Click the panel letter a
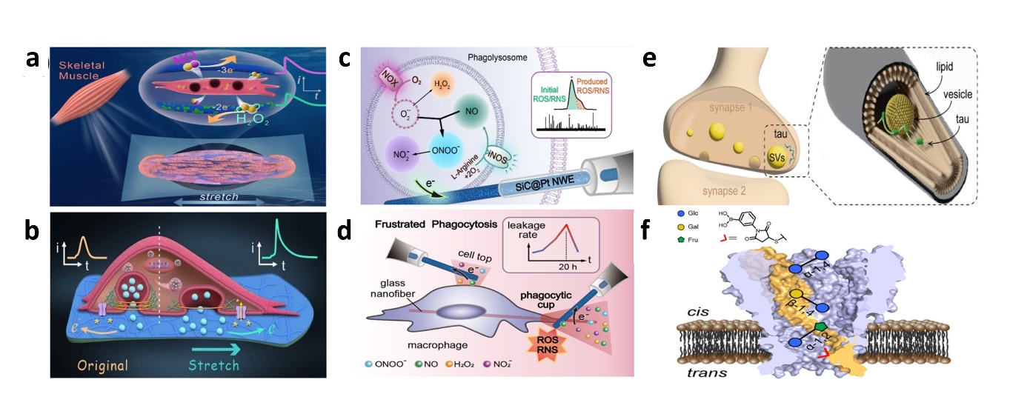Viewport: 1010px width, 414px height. click(x=32, y=59)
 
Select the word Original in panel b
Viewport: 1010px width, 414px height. click(x=100, y=365)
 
